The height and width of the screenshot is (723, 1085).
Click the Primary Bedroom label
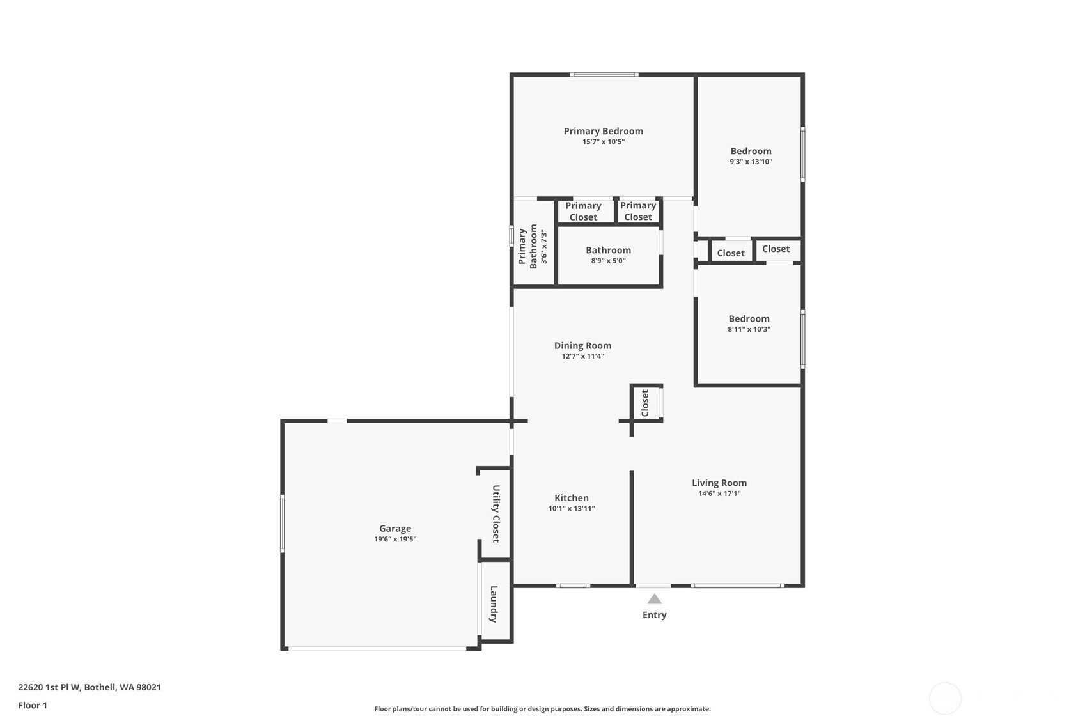click(603, 131)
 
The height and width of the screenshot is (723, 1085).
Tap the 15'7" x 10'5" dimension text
click(603, 142)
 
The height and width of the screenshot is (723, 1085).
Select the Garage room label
click(394, 529)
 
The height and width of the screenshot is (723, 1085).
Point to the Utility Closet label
click(496, 513)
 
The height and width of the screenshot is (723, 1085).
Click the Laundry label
click(494, 603)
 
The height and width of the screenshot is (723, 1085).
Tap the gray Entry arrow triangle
click(653, 599)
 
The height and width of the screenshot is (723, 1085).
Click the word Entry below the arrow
click(654, 615)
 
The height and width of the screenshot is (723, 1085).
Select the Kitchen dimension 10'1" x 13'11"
click(571, 509)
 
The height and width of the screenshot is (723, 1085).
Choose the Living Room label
click(719, 483)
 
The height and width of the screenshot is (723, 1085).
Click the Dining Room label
click(582, 346)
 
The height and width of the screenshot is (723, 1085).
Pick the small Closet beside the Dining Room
click(644, 403)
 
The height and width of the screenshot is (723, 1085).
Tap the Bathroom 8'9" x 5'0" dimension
click(608, 261)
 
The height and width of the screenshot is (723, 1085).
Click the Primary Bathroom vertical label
click(527, 246)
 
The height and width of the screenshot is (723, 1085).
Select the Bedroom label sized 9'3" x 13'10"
click(751, 152)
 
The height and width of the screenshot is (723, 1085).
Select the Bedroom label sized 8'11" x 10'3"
click(749, 319)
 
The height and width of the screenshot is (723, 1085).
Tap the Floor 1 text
click(33, 705)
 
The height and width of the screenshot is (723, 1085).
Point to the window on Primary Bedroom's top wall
click(604, 75)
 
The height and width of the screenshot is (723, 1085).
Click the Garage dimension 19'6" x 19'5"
click(394, 540)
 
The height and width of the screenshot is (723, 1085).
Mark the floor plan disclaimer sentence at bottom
click(542, 709)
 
